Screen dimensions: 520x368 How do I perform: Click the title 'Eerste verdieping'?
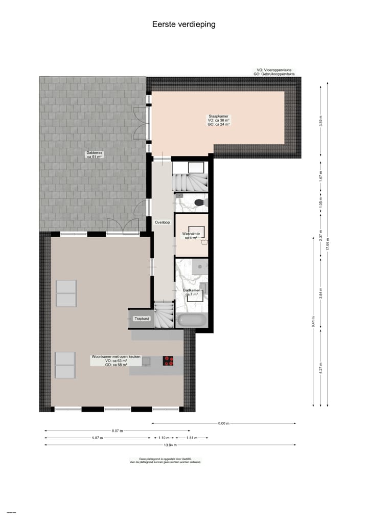click(183, 24)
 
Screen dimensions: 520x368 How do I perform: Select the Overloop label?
click(162, 222)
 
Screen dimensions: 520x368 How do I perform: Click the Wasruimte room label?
click(191, 234)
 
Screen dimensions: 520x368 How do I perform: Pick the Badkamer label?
click(192, 290)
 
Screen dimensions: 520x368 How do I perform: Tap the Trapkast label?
click(141, 319)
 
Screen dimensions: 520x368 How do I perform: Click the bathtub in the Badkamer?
click(192, 321)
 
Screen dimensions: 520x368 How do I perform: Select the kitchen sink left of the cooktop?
click(146, 361)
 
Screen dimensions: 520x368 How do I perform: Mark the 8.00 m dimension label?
click(223, 423)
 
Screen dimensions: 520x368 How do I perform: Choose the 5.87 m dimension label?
click(97, 438)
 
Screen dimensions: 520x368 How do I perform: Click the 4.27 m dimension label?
click(320, 368)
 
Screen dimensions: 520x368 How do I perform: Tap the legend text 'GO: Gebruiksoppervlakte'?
click(275, 74)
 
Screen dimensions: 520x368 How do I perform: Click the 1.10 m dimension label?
click(163, 438)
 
